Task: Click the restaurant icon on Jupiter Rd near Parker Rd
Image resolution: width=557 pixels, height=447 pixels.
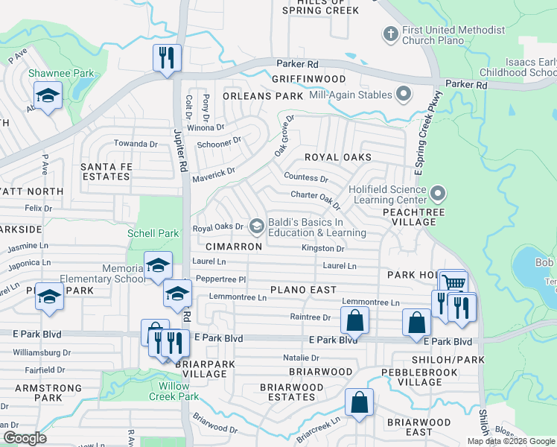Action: pyautogui.click(x=166, y=57)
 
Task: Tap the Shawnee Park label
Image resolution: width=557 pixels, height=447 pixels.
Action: pyautogui.click(x=51, y=74)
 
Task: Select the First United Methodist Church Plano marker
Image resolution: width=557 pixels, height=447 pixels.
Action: pyautogui.click(x=389, y=34)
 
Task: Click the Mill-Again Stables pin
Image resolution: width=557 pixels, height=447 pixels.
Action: pyautogui.click(x=404, y=95)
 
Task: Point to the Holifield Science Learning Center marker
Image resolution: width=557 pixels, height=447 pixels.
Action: pyautogui.click(x=437, y=195)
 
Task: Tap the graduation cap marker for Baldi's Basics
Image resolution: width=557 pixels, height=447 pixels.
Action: pyautogui.click(x=257, y=226)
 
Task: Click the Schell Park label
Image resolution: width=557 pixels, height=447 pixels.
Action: pyautogui.click(x=153, y=233)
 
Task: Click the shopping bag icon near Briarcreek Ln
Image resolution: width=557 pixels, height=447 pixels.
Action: pyautogui.click(x=359, y=402)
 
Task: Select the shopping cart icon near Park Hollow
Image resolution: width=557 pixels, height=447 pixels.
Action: pyautogui.click(x=453, y=282)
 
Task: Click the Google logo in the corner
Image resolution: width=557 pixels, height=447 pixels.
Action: pyautogui.click(x=25, y=438)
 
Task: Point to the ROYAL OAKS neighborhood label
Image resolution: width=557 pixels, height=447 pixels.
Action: pyautogui.click(x=337, y=157)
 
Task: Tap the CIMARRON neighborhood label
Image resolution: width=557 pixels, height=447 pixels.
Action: pyautogui.click(x=230, y=246)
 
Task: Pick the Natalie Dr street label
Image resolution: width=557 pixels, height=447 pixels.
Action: pyautogui.click(x=300, y=358)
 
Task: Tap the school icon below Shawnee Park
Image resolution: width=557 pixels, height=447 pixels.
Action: pyautogui.click(x=48, y=96)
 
